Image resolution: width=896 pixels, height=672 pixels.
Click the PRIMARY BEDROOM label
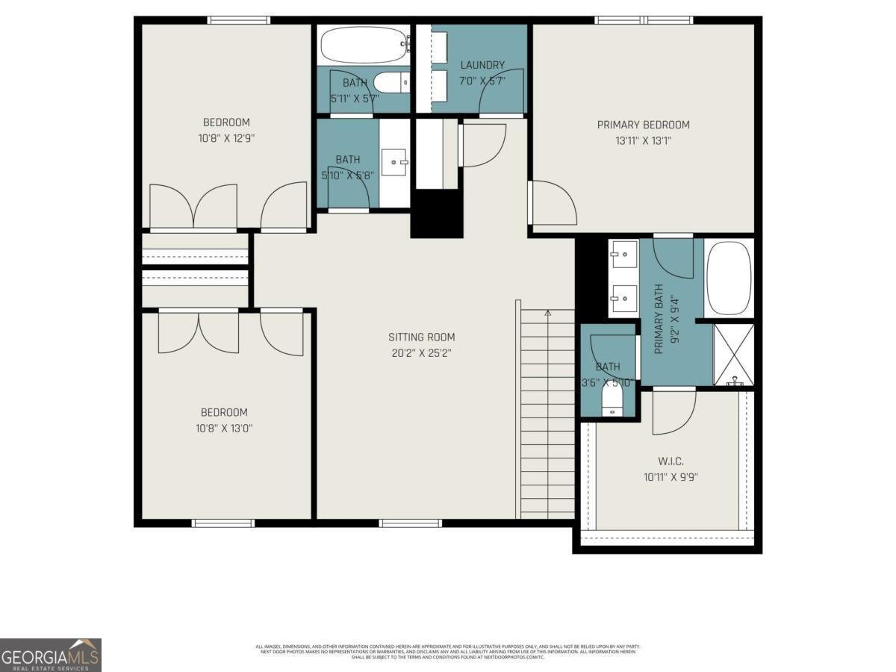click(x=643, y=125)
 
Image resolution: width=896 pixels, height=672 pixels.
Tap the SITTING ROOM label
click(x=421, y=337)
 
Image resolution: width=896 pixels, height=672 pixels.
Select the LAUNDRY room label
click(x=482, y=65)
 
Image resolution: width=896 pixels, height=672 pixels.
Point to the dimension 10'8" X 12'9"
click(x=225, y=138)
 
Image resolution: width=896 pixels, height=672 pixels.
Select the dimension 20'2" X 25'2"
click(x=421, y=352)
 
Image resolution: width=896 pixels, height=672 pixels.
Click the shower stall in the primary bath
click(x=733, y=355)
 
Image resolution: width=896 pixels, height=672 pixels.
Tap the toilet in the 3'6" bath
click(x=612, y=403)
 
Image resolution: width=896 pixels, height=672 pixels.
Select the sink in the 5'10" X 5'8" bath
click(x=393, y=161)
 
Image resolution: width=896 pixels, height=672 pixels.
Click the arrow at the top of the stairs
click(x=548, y=313)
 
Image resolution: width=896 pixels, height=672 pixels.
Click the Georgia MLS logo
click(x=51, y=655)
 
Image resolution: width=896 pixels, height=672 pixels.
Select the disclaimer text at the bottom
click(x=448, y=651)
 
